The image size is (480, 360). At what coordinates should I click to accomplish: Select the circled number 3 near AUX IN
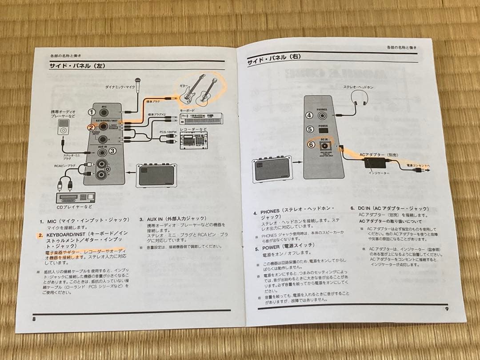coord(112,151)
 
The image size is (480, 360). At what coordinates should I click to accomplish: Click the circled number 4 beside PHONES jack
coord(310,115)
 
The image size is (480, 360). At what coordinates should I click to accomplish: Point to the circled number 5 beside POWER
coord(310,129)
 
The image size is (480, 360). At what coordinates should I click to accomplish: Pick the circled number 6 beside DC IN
coord(311,144)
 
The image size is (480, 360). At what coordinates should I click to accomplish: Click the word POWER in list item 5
coord(271,247)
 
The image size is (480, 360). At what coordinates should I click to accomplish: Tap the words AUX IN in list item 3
coord(156,219)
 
